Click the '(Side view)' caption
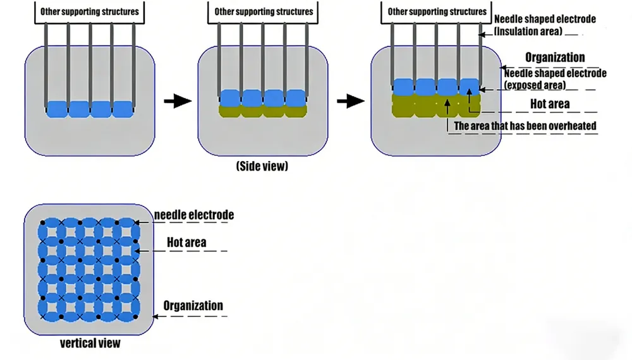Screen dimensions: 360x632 [x=262, y=166]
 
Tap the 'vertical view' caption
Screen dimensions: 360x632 [x=90, y=344]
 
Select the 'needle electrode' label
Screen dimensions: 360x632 [x=194, y=215]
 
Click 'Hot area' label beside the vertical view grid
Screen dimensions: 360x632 [x=186, y=242]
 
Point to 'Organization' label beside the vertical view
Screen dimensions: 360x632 [x=193, y=306]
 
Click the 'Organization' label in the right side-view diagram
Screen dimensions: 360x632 [x=555, y=57]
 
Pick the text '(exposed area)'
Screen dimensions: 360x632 [x=535, y=85]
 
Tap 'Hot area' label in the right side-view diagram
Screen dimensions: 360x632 [x=549, y=104]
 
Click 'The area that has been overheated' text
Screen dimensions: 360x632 [x=525, y=126]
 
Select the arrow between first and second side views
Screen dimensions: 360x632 [x=176, y=100]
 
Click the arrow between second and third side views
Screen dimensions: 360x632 [x=350, y=100]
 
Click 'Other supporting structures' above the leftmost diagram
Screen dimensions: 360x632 [x=89, y=11]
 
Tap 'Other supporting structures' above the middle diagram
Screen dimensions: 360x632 [x=264, y=11]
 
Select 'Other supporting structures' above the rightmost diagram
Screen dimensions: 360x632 [x=437, y=11]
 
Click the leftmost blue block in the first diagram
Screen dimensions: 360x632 [x=57, y=109]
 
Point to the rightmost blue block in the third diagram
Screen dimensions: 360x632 [x=469, y=87]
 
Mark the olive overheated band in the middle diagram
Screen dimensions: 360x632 [x=263, y=111]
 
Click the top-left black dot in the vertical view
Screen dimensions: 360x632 [x=42, y=223]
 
